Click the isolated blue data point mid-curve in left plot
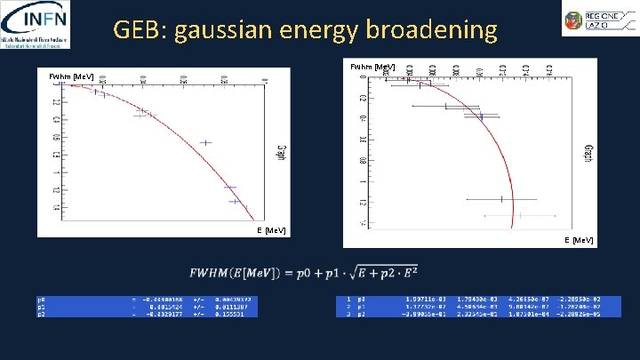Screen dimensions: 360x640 pyautogui.click(x=206, y=142)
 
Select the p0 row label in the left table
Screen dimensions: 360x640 pyautogui.click(x=41, y=300)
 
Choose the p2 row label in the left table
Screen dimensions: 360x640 pyautogui.click(x=41, y=314)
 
